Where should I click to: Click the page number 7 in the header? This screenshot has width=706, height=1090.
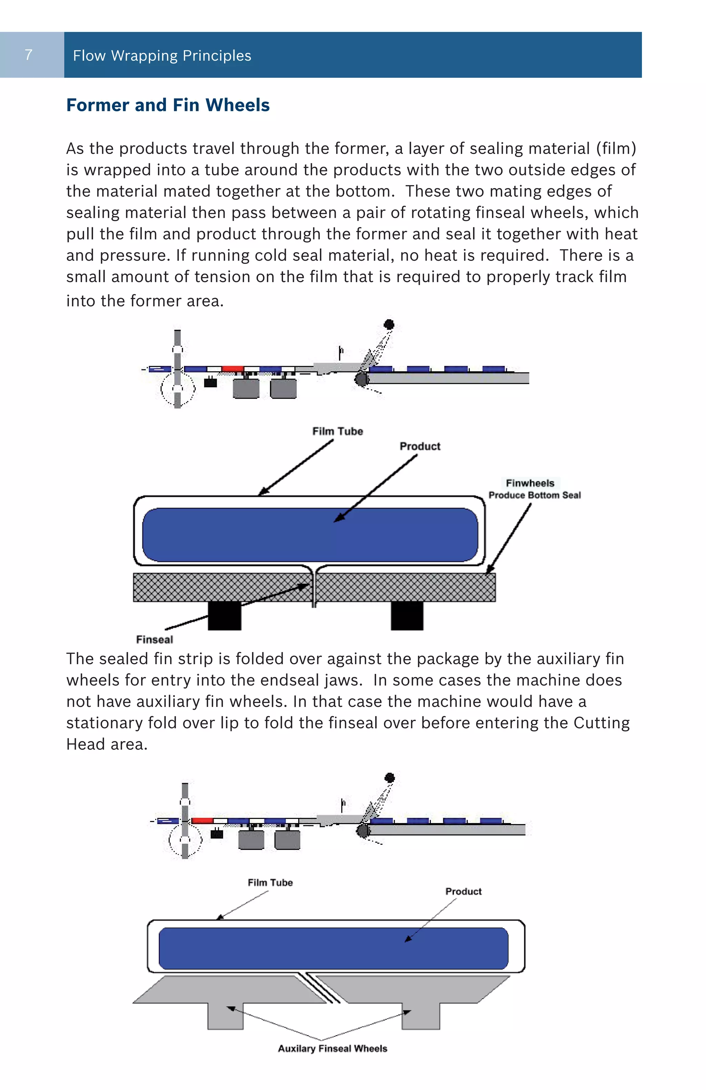(x=28, y=55)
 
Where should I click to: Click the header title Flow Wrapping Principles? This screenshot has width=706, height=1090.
(x=162, y=55)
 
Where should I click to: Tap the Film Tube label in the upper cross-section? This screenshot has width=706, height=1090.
(x=337, y=431)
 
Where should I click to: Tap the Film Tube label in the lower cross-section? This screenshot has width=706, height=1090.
(x=270, y=883)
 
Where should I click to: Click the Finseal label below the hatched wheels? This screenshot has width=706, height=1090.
(x=154, y=639)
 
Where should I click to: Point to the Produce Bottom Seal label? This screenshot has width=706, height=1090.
(x=534, y=495)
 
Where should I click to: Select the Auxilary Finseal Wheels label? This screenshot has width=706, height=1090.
(x=332, y=1048)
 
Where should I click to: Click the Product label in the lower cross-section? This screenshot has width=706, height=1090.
(x=463, y=891)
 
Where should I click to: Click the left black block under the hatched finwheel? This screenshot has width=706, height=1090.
(x=224, y=616)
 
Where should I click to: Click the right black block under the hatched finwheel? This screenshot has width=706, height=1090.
(x=407, y=616)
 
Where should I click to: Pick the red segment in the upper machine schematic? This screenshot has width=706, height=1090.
(x=232, y=369)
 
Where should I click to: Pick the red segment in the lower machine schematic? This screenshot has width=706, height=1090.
(x=202, y=821)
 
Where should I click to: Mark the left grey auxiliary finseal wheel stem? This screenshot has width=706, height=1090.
(x=225, y=1016)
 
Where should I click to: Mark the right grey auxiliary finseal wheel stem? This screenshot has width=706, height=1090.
(x=421, y=1016)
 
